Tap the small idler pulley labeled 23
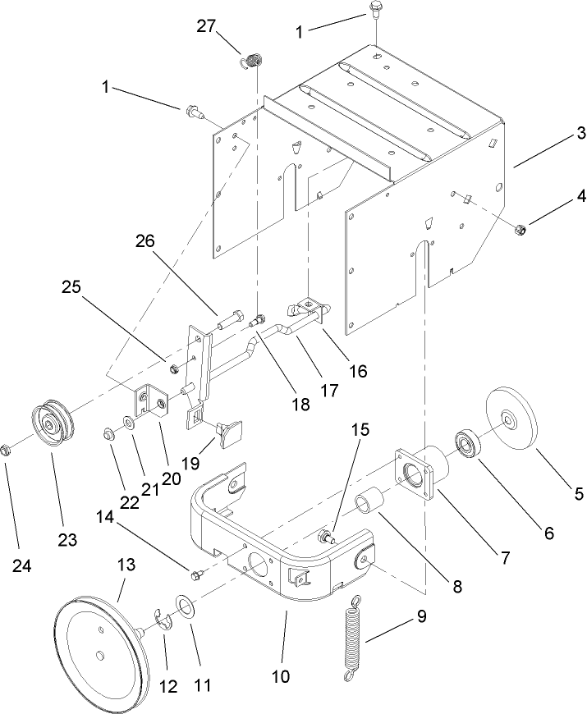pos(53,423)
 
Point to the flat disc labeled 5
pos(511,420)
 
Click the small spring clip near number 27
pos(254,60)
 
